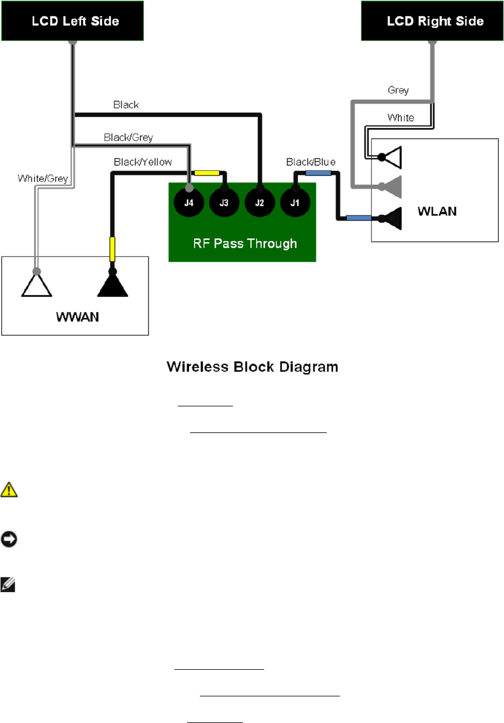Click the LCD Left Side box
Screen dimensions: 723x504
point(72,21)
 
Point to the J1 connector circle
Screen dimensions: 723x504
point(295,203)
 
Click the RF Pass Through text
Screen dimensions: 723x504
point(245,243)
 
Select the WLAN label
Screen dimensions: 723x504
point(437,211)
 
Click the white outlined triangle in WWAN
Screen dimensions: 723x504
point(37,285)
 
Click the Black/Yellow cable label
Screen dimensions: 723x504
point(143,162)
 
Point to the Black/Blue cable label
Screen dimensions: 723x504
point(311,162)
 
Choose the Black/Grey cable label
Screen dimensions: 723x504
point(128,137)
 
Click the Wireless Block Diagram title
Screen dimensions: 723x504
point(252,367)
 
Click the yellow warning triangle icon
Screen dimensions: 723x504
point(10,490)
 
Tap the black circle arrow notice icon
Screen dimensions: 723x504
point(10,539)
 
